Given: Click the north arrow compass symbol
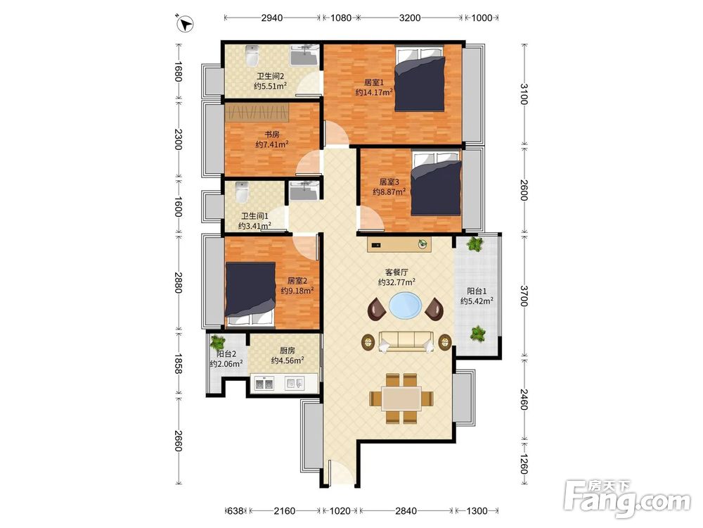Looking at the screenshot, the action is click(185, 23).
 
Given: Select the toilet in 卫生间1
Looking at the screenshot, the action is click(242, 191).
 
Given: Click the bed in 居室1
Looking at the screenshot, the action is click(420, 78).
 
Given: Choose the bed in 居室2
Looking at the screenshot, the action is click(250, 294).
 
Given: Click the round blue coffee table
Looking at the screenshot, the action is click(406, 306).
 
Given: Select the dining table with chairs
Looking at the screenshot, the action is click(401, 398).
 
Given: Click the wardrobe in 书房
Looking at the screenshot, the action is click(257, 113).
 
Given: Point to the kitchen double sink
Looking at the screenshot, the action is click(264, 384).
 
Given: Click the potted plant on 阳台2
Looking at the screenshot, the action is click(219, 343).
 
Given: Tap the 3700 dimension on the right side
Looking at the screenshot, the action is click(524, 295).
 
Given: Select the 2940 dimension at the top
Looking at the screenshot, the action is click(272, 18).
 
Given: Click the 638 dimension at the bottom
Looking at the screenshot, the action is click(236, 511).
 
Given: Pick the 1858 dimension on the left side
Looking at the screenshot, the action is click(178, 364).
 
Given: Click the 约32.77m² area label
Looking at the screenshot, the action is click(396, 282).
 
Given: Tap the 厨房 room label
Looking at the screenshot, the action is click(288, 351).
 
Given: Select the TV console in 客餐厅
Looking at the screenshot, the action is click(399, 245).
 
